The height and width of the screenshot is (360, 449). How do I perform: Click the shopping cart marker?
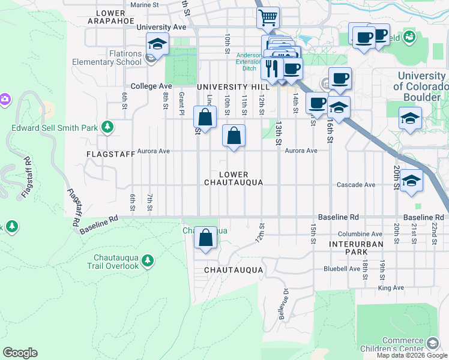pos(268,17)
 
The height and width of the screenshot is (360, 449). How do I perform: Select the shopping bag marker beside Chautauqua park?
pos(206,238)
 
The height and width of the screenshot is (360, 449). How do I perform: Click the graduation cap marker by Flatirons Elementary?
pos(157,44)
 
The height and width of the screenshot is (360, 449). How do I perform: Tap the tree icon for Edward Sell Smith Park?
pos(107,127)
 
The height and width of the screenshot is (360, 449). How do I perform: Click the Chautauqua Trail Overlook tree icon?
pos(148,260)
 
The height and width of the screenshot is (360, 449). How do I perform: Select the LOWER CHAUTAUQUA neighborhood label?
pos(234,178)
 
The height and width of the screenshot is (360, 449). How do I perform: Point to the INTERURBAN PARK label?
pos(348,248)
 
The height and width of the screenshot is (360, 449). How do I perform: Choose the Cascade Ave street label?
pos(356,185)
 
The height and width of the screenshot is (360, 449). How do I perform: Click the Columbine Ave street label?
pos(360,234)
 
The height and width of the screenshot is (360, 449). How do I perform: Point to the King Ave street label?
pos(391,288)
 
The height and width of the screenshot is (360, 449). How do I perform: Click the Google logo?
pos(20,353)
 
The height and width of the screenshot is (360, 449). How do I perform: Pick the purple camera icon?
pos(5,98)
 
